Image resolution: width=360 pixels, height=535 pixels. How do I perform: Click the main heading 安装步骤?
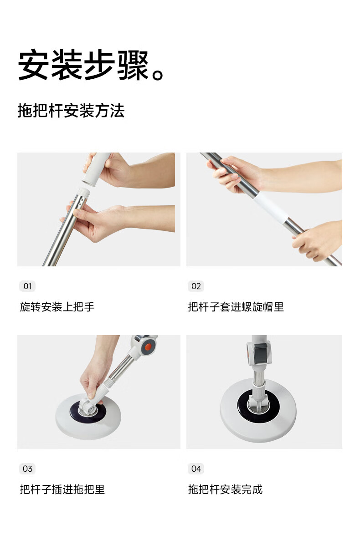click(84, 65)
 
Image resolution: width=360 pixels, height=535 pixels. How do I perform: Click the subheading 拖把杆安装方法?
click(71, 111)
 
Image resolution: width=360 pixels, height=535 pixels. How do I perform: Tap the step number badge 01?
click(27, 286)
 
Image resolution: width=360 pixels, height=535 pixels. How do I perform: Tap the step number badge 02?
click(196, 286)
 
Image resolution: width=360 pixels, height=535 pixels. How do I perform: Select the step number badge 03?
click(27, 469)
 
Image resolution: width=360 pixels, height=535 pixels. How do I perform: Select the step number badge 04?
click(196, 469)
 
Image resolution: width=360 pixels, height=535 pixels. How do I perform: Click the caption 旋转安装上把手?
click(57, 307)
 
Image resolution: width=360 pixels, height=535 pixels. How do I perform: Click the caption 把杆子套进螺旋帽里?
click(236, 307)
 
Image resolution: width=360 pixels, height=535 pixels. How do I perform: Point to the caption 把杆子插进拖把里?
click(62, 489)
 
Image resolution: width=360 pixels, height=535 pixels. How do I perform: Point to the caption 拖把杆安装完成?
click(226, 489)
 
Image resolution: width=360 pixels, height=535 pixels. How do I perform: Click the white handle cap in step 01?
click(96, 169)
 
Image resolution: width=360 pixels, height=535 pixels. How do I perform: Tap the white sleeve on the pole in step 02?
click(271, 207)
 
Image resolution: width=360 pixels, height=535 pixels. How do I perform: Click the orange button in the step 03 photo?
click(148, 347)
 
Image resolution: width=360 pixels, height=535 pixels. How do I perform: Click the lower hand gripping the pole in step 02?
click(316, 240)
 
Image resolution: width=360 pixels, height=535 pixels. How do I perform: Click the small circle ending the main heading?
click(158, 75)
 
